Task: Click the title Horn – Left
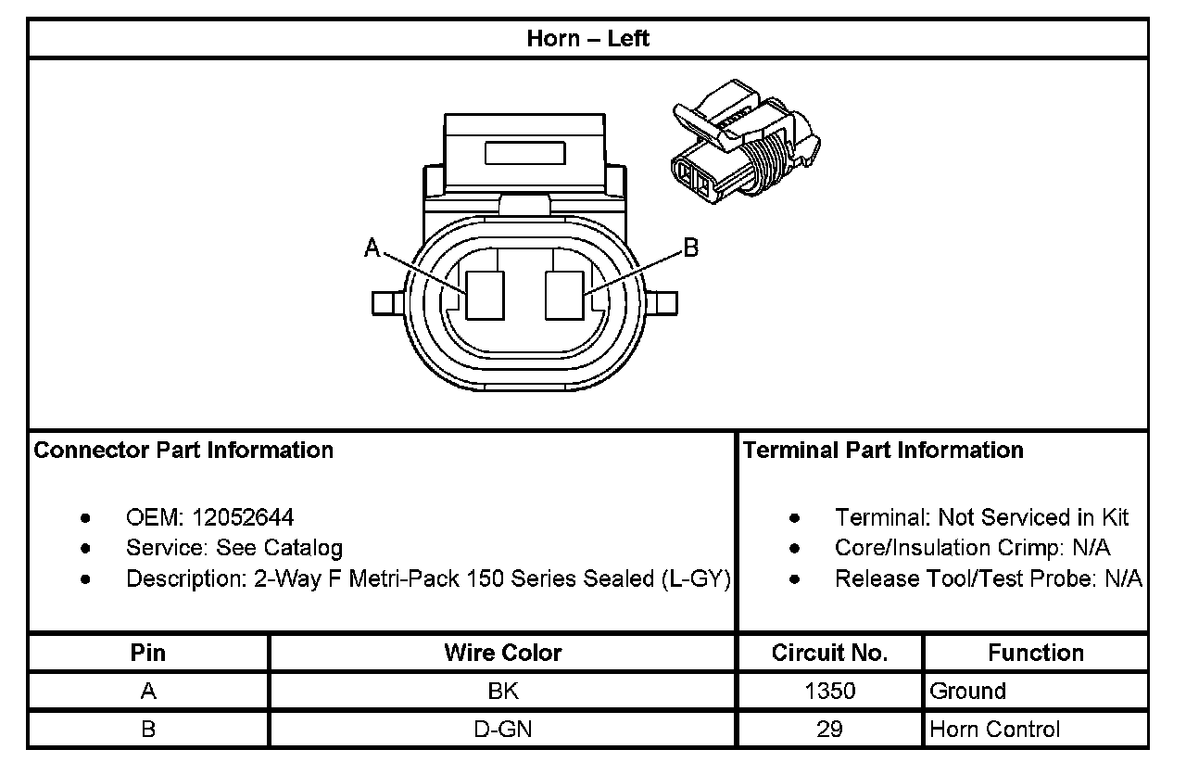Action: point(587,39)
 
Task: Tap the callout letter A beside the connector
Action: point(372,248)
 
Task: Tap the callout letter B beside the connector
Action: point(691,248)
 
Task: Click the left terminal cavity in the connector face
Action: point(485,296)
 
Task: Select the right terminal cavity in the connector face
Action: point(564,296)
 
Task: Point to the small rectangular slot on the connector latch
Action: point(524,153)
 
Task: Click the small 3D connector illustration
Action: point(746,142)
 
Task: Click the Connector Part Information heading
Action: point(183,451)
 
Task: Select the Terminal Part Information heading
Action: point(883,451)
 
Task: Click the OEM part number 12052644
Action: point(243,517)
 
